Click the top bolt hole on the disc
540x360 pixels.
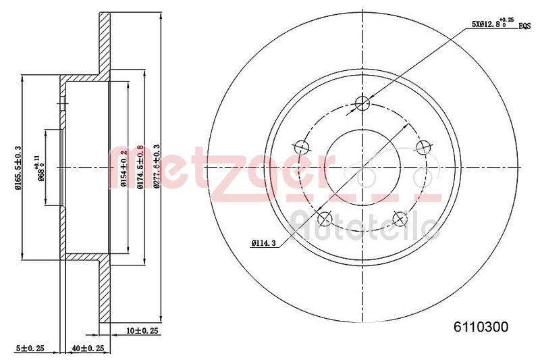[362, 103]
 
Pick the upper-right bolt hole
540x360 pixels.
[423, 147]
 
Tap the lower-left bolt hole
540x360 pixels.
[325, 218]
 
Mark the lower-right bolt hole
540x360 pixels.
[400, 218]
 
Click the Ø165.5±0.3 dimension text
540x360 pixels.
[18, 167]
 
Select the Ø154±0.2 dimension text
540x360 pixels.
[124, 167]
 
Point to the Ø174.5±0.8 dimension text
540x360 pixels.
[140, 167]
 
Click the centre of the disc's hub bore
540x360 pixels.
[362, 167]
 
